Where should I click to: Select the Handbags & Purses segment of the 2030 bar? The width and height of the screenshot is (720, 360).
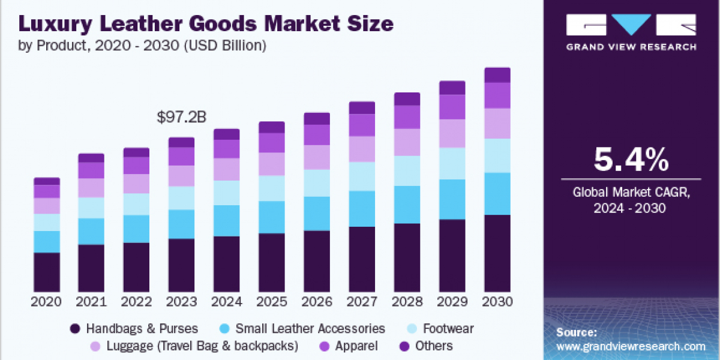pos(497,253)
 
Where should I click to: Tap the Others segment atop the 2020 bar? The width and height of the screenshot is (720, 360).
pos(47,181)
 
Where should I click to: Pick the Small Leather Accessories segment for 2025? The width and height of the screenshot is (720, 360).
pos(272,217)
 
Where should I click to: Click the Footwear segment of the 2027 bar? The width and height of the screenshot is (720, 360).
pos(362,176)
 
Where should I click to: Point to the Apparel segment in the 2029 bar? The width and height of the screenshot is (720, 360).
pos(452,107)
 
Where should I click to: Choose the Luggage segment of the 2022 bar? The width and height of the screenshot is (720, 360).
pos(137,184)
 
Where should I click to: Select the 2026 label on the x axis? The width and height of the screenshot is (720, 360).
pos(317,302)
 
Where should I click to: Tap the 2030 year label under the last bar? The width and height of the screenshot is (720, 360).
pos(497,302)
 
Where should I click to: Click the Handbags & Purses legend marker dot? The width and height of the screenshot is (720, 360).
pos(75,329)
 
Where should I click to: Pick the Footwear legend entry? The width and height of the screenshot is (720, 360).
pos(448,329)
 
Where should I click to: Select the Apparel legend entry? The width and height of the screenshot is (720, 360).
pos(356,346)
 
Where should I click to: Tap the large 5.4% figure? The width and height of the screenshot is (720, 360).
pos(631,160)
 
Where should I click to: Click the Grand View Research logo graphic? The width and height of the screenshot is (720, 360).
pos(631,25)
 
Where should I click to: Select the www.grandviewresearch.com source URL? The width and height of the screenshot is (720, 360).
pos(631,347)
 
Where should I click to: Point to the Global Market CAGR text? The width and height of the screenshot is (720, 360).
pos(631,193)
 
